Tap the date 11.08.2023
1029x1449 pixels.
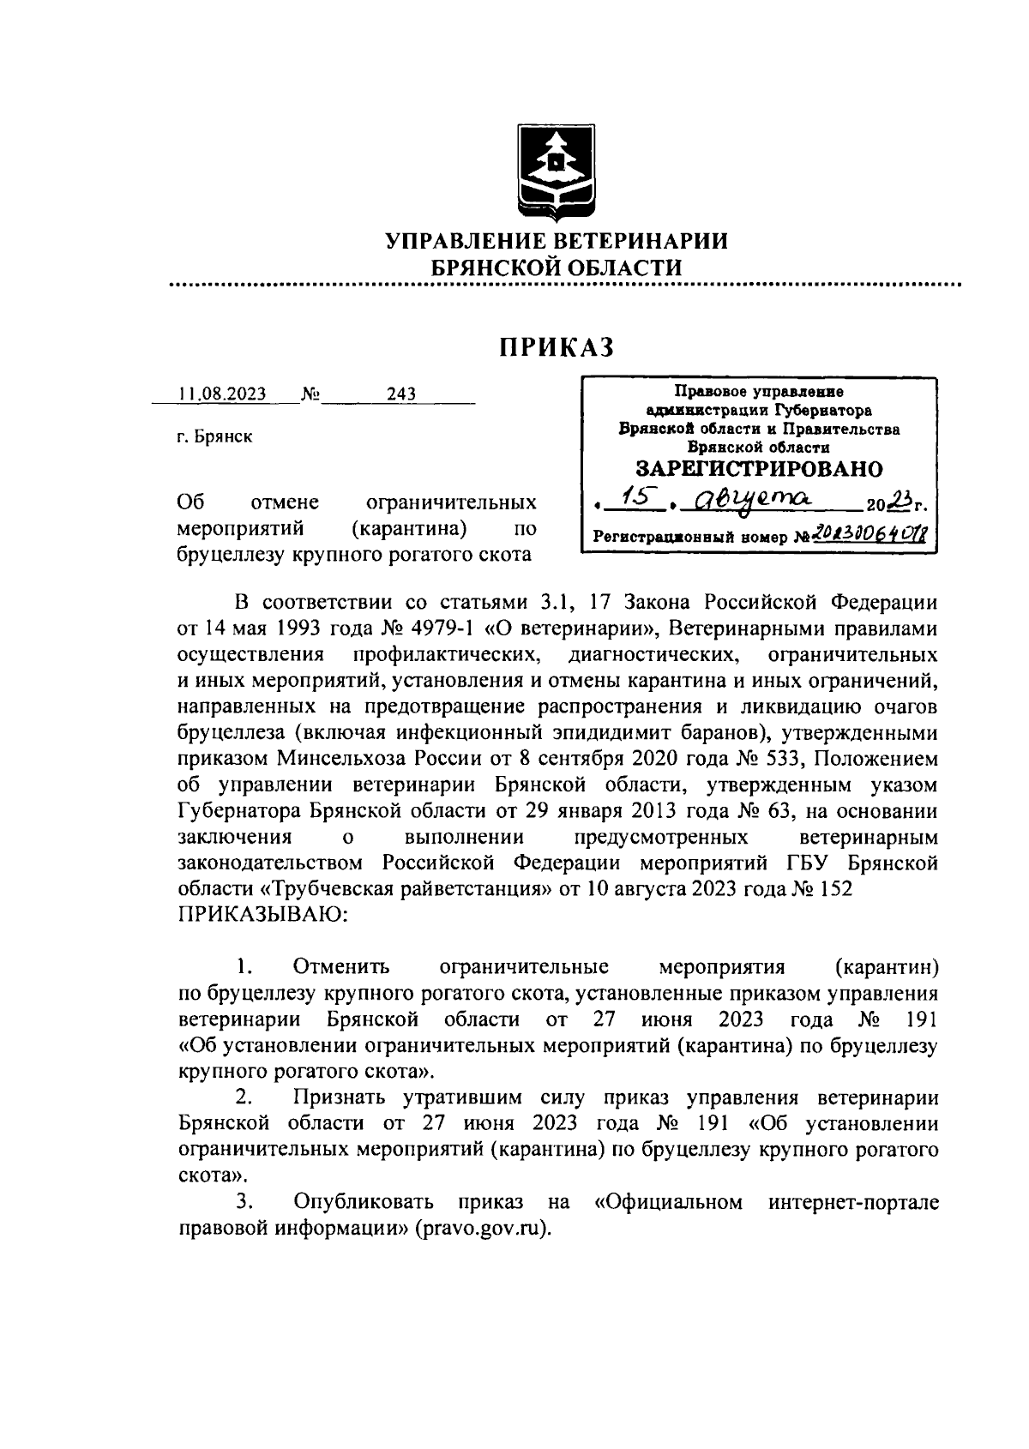point(222,394)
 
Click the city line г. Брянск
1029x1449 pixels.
point(214,436)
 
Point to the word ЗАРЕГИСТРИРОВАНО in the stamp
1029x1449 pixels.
point(759,469)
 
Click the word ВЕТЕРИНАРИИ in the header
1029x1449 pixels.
point(630,241)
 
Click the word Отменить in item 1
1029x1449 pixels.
point(340,967)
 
